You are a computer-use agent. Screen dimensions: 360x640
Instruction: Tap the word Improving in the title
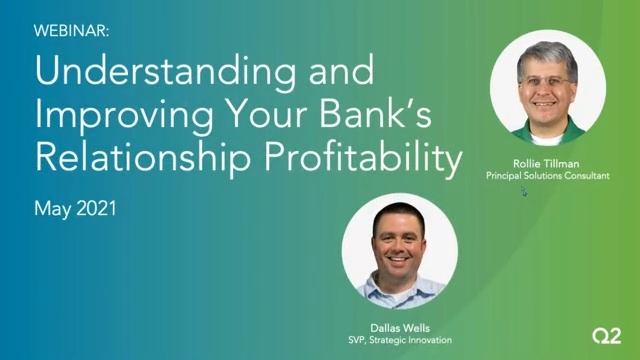coord(119,117)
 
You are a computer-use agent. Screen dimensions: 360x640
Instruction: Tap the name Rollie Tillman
coord(547,162)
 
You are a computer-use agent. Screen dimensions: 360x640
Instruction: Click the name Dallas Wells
coord(399,326)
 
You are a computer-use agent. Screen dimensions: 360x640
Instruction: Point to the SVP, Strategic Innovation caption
coord(399,339)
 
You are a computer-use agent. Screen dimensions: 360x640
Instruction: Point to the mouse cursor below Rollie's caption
coord(523,191)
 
